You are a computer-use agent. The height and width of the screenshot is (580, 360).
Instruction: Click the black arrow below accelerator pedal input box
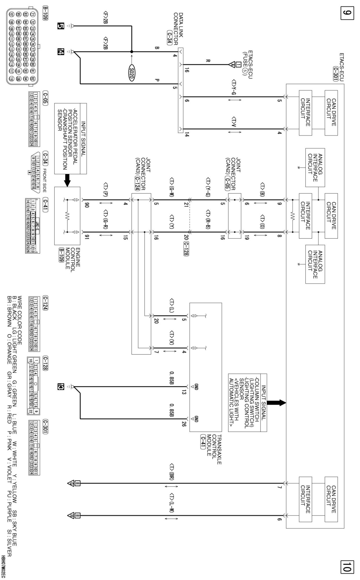[67, 180]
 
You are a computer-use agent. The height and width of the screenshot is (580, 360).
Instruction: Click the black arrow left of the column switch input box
[276, 403]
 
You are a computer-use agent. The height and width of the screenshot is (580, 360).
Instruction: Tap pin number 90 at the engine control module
[87, 205]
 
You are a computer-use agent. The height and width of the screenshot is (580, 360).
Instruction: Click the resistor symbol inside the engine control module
[67, 216]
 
